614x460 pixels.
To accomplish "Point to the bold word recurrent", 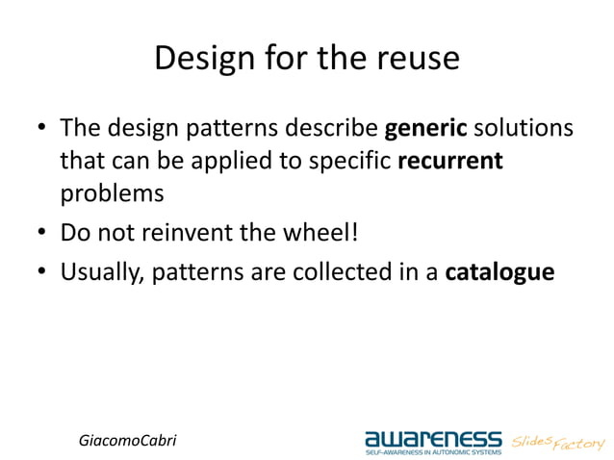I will coord(450,161).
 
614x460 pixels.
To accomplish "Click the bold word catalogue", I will coord(499,272).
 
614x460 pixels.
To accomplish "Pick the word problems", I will coord(113,193).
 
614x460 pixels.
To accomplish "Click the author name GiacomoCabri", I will coord(127,440).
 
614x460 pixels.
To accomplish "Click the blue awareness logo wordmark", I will coord(432,438).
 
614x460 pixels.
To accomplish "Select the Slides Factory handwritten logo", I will coord(558,442).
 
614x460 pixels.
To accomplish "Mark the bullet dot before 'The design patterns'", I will coord(42,129).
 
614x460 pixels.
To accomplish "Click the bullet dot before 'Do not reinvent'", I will coord(42,234).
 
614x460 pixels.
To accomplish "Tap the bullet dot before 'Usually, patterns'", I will coord(42,273).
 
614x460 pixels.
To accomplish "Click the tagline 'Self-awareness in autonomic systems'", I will coord(432,452).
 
